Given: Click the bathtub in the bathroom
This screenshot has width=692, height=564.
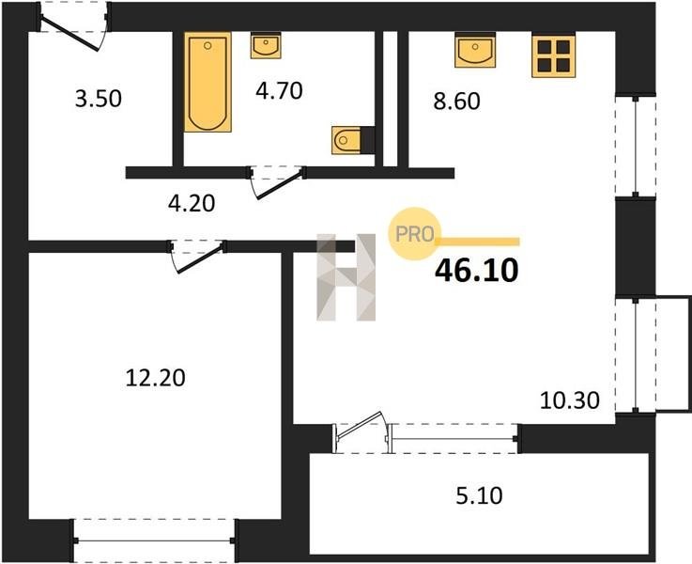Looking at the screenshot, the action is coord(208,82).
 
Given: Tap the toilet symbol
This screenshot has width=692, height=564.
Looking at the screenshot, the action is coord(346,140).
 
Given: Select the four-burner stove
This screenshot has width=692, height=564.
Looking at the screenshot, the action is coord(553,56).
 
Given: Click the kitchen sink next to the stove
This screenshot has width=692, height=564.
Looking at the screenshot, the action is coord(475,51).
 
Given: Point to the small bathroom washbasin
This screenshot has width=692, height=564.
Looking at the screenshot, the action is coord(265,45).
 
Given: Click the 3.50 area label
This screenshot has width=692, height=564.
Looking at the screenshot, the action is coord(98,99).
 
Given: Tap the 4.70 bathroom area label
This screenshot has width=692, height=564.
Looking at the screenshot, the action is coord(279,90).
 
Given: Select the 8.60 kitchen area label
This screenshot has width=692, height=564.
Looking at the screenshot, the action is coord(456,102).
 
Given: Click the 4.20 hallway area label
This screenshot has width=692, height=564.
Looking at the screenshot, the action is coord(192,203).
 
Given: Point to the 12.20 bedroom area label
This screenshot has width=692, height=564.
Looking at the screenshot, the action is coord(155,378).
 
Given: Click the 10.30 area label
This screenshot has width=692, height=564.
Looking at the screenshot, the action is coord(570,400).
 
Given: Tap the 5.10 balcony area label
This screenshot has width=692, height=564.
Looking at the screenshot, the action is coord(479,495).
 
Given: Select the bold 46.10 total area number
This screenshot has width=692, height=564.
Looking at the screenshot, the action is coord(477,271).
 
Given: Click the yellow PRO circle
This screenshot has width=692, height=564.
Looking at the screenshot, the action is coord(414,234).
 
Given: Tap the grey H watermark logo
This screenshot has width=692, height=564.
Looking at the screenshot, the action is coord(346,277).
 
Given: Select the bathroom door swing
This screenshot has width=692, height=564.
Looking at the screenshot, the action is coord(277,183).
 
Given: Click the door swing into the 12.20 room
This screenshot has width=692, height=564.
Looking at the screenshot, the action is coord(197,257).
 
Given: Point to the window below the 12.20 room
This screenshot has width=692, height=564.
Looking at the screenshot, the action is coord(155,540).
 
